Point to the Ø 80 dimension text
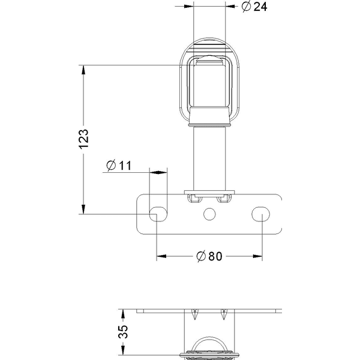[209, 256]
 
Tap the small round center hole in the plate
[209, 213]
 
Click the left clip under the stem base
[193, 197]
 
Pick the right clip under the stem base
[225, 197]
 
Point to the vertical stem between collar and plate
[209, 159]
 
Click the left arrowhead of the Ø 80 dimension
[161, 256]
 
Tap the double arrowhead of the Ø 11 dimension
[158, 172]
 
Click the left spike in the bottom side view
[193, 314]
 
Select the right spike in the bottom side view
[224, 314]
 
